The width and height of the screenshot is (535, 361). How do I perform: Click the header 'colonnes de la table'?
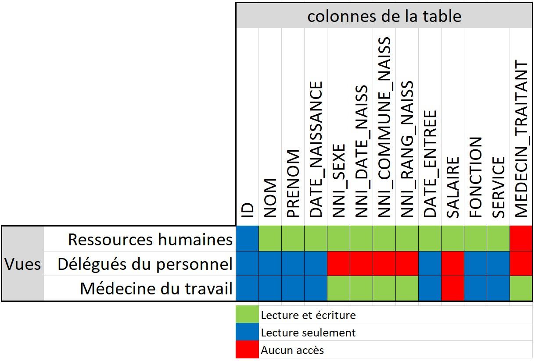tap(384, 16)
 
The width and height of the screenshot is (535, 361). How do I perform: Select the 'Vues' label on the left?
tap(23, 264)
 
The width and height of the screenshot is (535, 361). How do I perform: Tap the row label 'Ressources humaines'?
tap(150, 239)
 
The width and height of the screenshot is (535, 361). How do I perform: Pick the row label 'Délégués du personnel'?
tap(145, 264)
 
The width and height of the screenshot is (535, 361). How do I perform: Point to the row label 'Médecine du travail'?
tap(156, 289)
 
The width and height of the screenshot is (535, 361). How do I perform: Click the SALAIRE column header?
tap(452, 187)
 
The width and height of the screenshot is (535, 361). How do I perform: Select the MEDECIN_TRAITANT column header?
tap(521, 139)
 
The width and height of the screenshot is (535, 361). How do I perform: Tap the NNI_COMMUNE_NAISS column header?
tap(384, 127)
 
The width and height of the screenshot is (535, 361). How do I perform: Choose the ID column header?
tap(247, 210)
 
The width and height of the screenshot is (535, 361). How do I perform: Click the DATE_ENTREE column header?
tap(430, 163)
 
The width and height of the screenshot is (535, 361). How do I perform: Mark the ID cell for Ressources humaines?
tap(247, 239)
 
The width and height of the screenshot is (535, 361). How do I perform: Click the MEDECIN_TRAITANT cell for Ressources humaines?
tap(521, 239)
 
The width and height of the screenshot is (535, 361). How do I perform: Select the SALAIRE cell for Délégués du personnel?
tap(452, 264)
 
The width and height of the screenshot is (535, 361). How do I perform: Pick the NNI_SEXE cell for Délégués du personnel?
tap(338, 264)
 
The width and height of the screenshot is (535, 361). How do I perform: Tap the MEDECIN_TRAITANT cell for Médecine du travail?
tap(521, 288)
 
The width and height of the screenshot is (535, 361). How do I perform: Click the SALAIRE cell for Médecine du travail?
tap(452, 288)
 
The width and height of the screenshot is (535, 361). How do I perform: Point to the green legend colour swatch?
tap(247, 315)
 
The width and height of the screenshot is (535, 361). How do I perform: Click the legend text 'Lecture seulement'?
tap(308, 333)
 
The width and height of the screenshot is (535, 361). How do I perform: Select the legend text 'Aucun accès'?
tap(292, 350)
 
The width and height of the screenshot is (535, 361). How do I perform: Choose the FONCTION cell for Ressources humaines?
tap(475, 239)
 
